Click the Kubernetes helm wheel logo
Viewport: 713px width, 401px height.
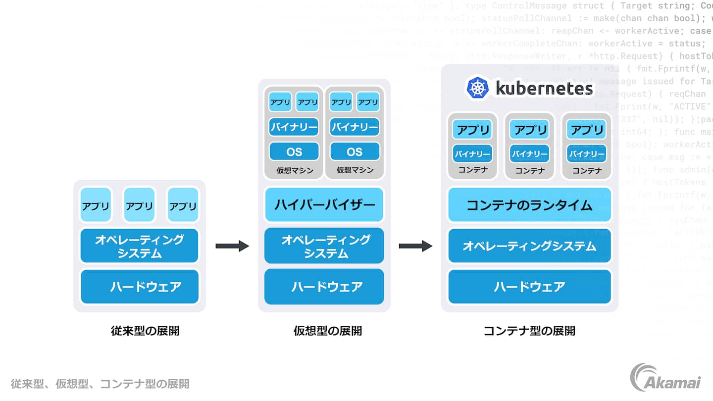[478, 88]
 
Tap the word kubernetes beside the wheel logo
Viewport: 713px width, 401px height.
[544, 89]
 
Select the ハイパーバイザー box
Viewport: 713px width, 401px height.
[324, 204]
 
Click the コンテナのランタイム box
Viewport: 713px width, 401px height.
[529, 204]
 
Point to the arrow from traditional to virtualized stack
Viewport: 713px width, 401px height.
[232, 246]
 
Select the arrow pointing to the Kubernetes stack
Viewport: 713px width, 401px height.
[415, 246]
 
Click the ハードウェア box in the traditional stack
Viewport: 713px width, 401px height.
[140, 286]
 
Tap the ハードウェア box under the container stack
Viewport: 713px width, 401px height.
[529, 286]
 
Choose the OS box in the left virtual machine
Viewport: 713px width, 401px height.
[294, 151]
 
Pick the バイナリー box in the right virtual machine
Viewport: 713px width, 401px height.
[355, 127]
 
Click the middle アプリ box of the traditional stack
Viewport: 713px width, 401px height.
[139, 205]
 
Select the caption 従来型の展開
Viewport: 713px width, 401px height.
[145, 331]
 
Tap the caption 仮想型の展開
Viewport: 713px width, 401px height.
[327, 331]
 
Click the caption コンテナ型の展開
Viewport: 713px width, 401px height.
[529, 331]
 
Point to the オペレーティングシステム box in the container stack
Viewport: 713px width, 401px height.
[529, 246]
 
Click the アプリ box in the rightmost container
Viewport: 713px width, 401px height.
[587, 130]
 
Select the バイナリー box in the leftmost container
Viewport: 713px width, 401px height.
[472, 154]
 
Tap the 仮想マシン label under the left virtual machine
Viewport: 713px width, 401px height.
[295, 170]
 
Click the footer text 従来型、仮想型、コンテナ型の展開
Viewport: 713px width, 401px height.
[100, 384]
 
